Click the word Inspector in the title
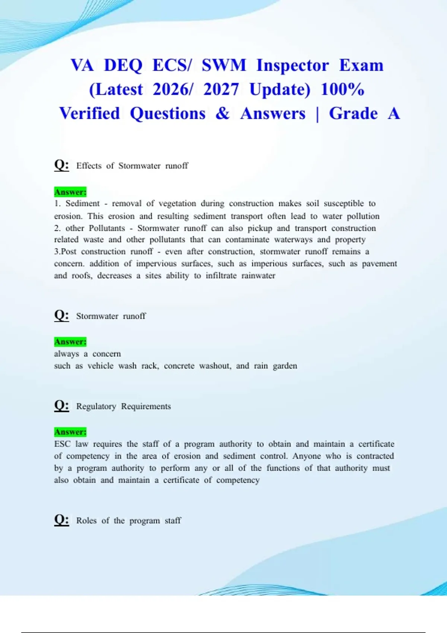(292, 66)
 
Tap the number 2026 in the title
(172, 90)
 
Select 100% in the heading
(342, 90)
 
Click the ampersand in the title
(222, 114)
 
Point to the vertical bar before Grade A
(317, 114)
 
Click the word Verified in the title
(89, 114)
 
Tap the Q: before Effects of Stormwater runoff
(61, 165)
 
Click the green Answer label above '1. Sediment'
(70, 192)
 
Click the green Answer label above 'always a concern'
(70, 342)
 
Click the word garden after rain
(285, 366)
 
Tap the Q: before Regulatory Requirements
(61, 405)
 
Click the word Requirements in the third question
(146, 406)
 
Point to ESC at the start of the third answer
(62, 444)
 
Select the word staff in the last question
(173, 521)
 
